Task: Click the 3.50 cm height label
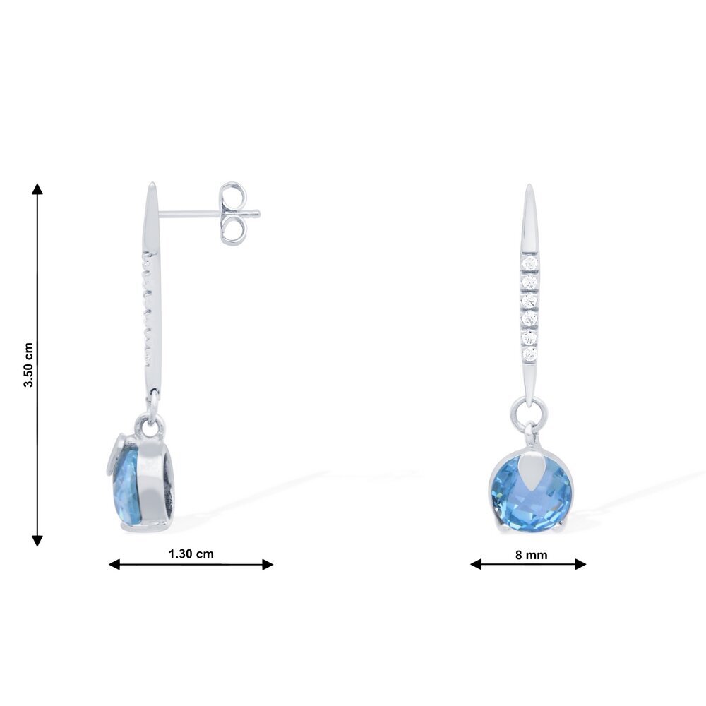pyautogui.click(x=28, y=365)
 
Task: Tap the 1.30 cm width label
pyautogui.click(x=191, y=554)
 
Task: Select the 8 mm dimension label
pyautogui.click(x=532, y=555)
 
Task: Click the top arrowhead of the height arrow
pyautogui.click(x=37, y=189)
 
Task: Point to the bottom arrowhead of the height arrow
pyautogui.click(x=37, y=541)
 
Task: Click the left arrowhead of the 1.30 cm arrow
pyautogui.click(x=114, y=564)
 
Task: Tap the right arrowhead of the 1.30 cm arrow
pyautogui.click(x=268, y=564)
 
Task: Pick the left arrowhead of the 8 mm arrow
pyautogui.click(x=476, y=563)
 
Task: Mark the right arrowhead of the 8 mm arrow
pyautogui.click(x=580, y=563)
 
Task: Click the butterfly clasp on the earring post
pyautogui.click(x=234, y=213)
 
